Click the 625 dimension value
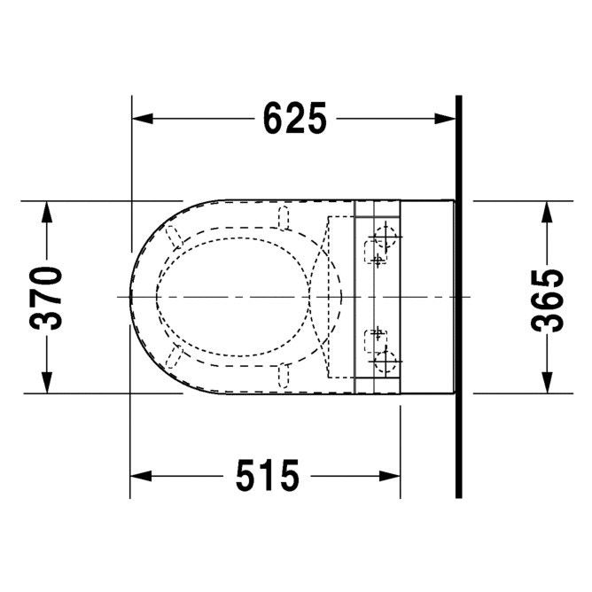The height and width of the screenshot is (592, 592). (294, 118)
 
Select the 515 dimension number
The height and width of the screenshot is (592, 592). (268, 476)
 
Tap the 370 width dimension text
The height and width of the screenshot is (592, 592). (46, 298)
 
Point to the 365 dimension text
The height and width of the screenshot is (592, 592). (547, 300)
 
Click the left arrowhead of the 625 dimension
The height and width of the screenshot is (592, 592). (143, 118)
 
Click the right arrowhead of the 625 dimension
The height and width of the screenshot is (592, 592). (445, 118)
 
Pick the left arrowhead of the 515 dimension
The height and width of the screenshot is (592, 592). (140, 476)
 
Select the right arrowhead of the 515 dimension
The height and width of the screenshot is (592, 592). (390, 476)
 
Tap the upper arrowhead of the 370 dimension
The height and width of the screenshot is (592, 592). (47, 212)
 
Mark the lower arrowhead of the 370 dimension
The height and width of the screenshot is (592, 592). (47, 383)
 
